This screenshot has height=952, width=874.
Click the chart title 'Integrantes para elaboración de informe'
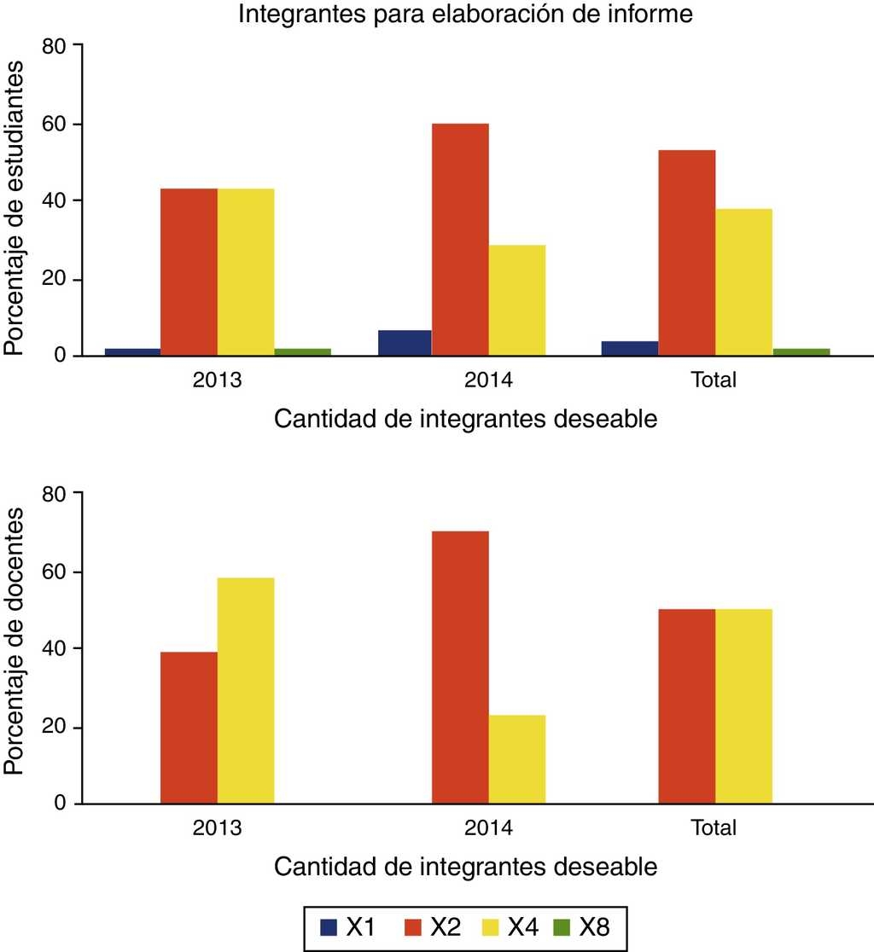pyautogui.click(x=465, y=15)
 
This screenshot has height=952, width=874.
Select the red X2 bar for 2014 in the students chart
pyautogui.click(x=460, y=239)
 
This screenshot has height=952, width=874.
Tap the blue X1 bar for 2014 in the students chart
pyautogui.click(x=405, y=343)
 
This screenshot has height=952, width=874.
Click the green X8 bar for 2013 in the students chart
pyautogui.click(x=302, y=351)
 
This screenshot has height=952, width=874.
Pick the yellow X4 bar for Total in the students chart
pyautogui.click(x=743, y=282)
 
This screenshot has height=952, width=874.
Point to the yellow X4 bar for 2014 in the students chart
pyautogui.click(x=516, y=300)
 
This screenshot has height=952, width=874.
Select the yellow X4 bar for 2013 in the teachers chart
pyautogui.click(x=246, y=691)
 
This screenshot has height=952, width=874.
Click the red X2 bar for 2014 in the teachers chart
pyautogui.click(x=460, y=667)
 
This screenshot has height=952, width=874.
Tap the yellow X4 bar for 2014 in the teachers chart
pyautogui.click(x=516, y=759)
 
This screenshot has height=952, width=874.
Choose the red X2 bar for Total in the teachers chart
pyautogui.click(x=687, y=706)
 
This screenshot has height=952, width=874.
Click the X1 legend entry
pyautogui.click(x=345, y=927)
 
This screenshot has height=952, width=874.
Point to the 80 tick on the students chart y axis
pyautogui.click(x=53, y=45)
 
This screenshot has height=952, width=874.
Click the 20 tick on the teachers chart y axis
pyautogui.click(x=53, y=727)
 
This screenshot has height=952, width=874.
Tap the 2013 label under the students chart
pyautogui.click(x=217, y=380)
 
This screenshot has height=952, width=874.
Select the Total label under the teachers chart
pyautogui.click(x=714, y=827)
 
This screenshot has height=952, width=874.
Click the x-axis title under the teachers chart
pyautogui.click(x=465, y=868)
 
